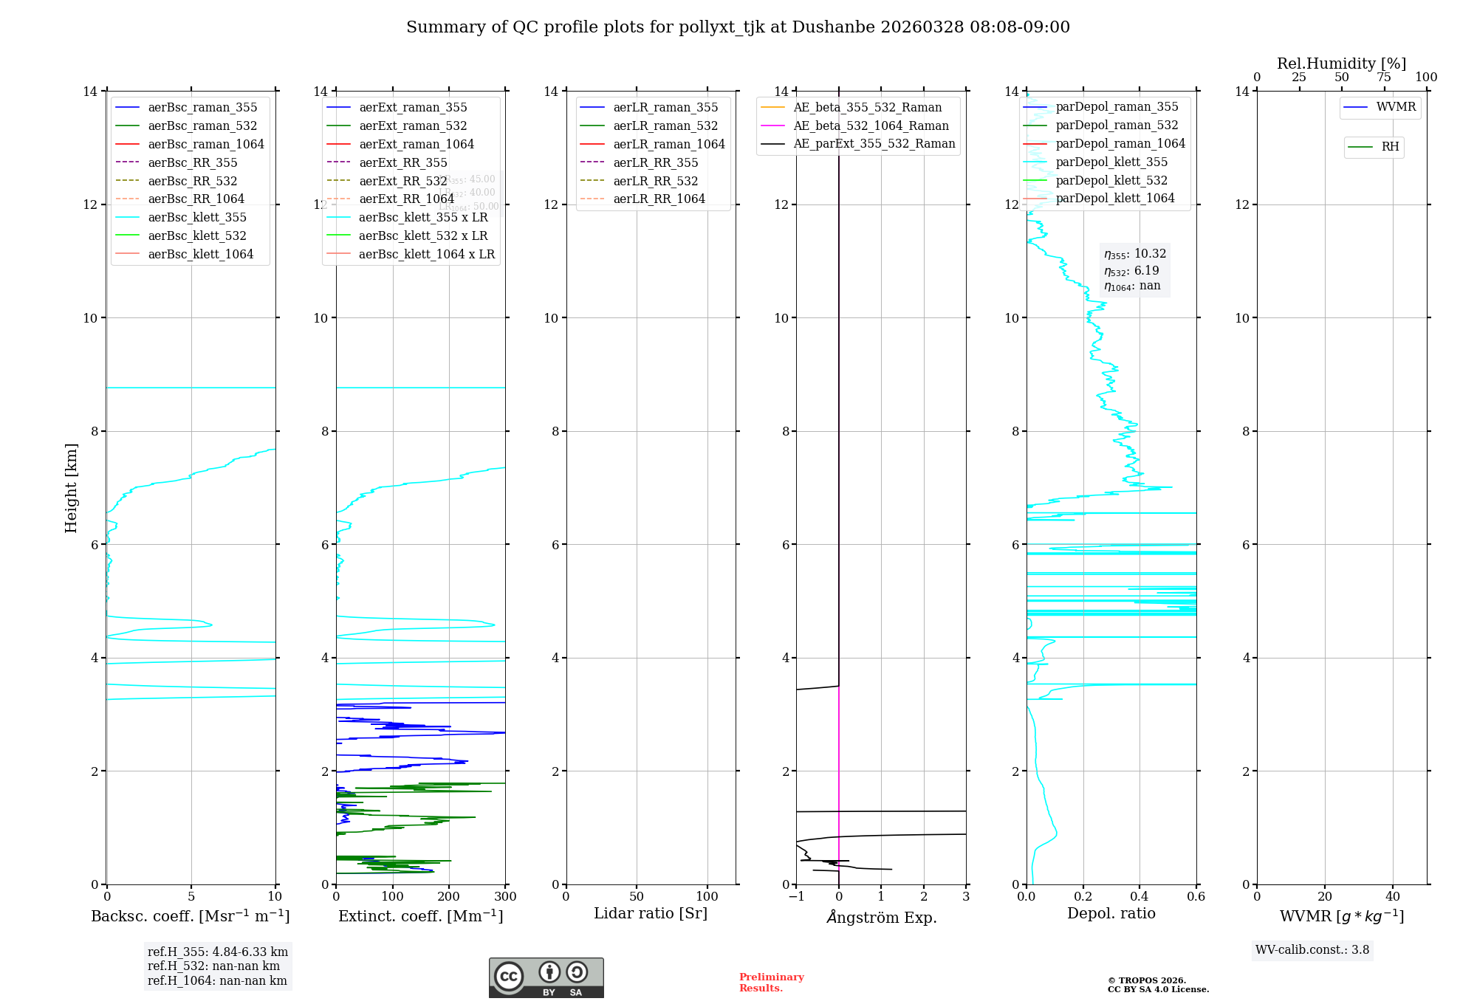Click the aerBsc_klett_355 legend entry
click(197, 217)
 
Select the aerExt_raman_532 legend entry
click(413, 125)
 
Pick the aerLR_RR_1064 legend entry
click(659, 199)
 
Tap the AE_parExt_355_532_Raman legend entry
click(874, 143)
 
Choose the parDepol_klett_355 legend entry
click(1111, 162)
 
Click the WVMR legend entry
click(1396, 107)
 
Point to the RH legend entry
click(1390, 147)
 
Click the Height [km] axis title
click(71, 487)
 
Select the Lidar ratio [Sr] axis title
click(651, 913)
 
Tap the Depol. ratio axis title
click(1111, 913)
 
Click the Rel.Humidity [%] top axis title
click(1341, 63)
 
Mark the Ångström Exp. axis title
click(881, 917)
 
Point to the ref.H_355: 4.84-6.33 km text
click(217, 952)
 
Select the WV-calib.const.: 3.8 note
click(1312, 949)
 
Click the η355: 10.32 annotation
click(1135, 254)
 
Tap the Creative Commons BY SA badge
click(546, 977)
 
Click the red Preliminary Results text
click(771, 982)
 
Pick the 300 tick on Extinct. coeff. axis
click(506, 896)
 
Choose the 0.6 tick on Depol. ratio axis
click(1196, 896)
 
